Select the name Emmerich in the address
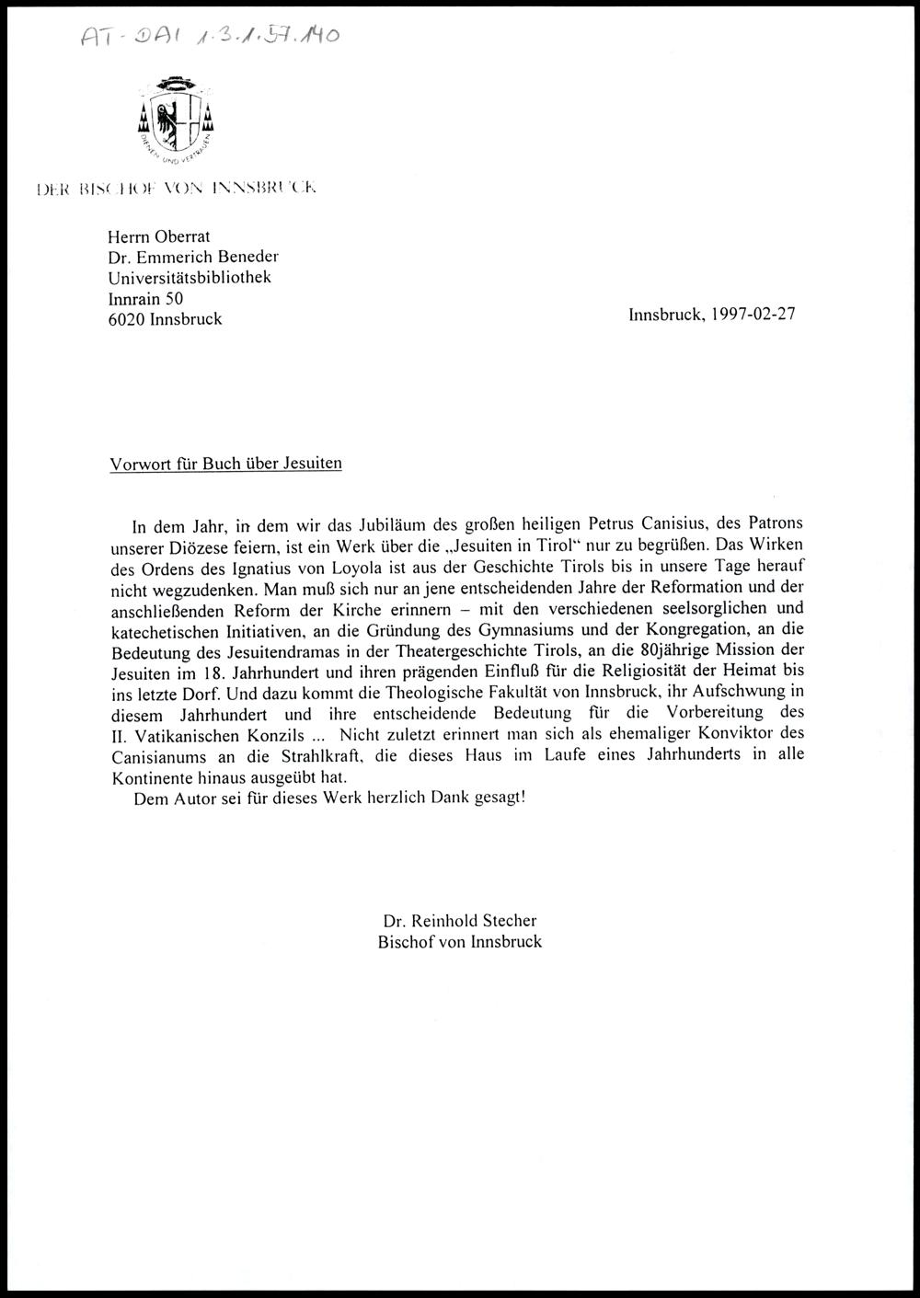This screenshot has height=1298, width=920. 182,257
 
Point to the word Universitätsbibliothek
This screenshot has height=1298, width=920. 190,277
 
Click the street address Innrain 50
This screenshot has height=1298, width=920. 145,298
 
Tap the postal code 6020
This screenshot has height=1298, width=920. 126,319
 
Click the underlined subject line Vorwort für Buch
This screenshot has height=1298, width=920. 225,464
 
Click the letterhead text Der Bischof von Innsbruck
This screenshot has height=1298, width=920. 177,190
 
